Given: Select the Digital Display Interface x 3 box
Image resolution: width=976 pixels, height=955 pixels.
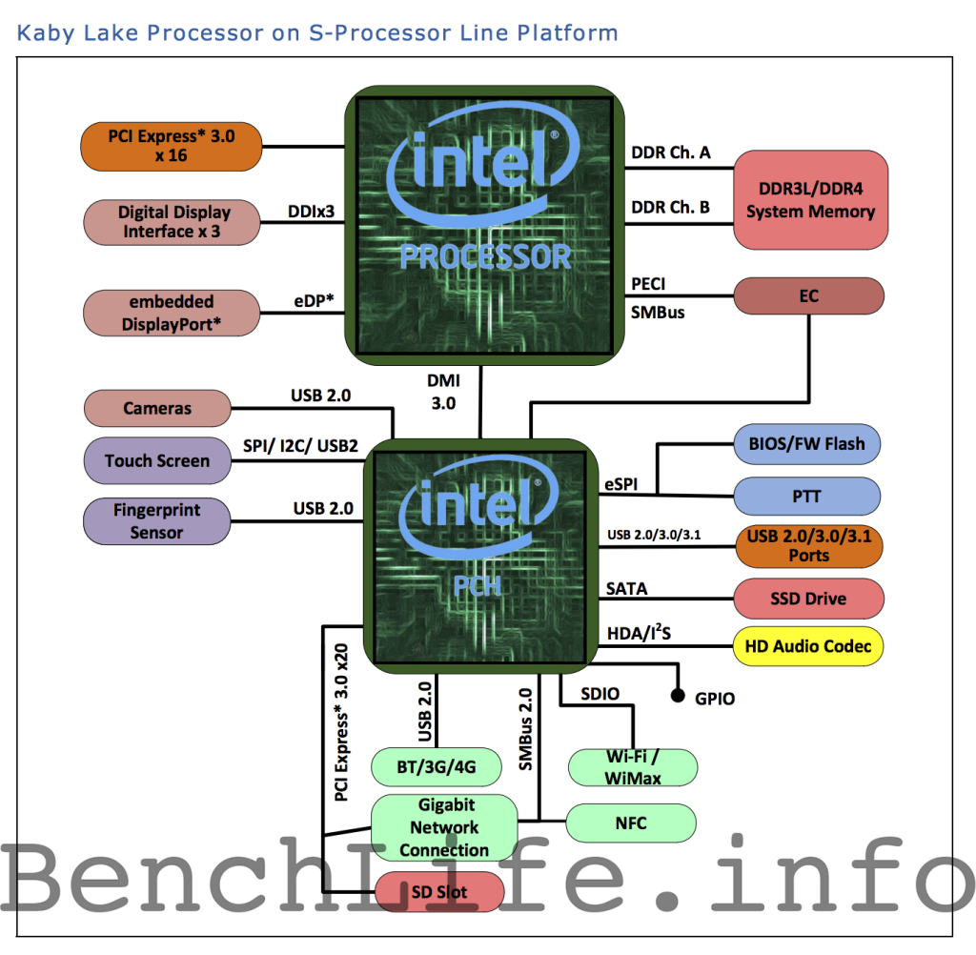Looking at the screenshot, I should pos(173,221).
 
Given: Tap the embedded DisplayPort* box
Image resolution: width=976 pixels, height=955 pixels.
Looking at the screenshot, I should pos(172,313).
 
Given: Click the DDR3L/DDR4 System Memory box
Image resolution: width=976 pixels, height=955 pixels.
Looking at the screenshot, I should pos(810,200).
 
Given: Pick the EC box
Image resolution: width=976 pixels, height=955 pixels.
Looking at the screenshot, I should pos(808,296).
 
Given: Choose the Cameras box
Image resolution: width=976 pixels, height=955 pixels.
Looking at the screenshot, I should pos(157,409).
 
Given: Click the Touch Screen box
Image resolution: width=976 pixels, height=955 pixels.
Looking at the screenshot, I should pos(157,461).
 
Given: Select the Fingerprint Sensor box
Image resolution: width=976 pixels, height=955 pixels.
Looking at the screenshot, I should pos(157,521).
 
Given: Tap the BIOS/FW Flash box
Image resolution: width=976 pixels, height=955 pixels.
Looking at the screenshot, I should pos(806,443).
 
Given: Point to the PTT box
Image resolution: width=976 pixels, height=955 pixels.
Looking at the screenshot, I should pos(806,497).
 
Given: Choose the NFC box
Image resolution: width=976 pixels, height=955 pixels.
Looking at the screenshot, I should pos(631,822).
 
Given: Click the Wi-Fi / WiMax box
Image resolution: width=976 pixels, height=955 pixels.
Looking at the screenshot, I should pos(633,767).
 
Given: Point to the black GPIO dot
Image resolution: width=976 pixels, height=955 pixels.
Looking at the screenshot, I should pos(679,697).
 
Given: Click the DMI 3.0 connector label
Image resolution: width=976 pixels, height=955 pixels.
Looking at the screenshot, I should pos(443,392).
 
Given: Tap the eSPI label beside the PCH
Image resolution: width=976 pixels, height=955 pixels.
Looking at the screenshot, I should pos(621,485).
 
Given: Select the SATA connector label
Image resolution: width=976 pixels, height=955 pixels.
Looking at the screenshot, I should pos(626,589).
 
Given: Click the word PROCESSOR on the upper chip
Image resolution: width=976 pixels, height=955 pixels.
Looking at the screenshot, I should pos(485,256).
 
